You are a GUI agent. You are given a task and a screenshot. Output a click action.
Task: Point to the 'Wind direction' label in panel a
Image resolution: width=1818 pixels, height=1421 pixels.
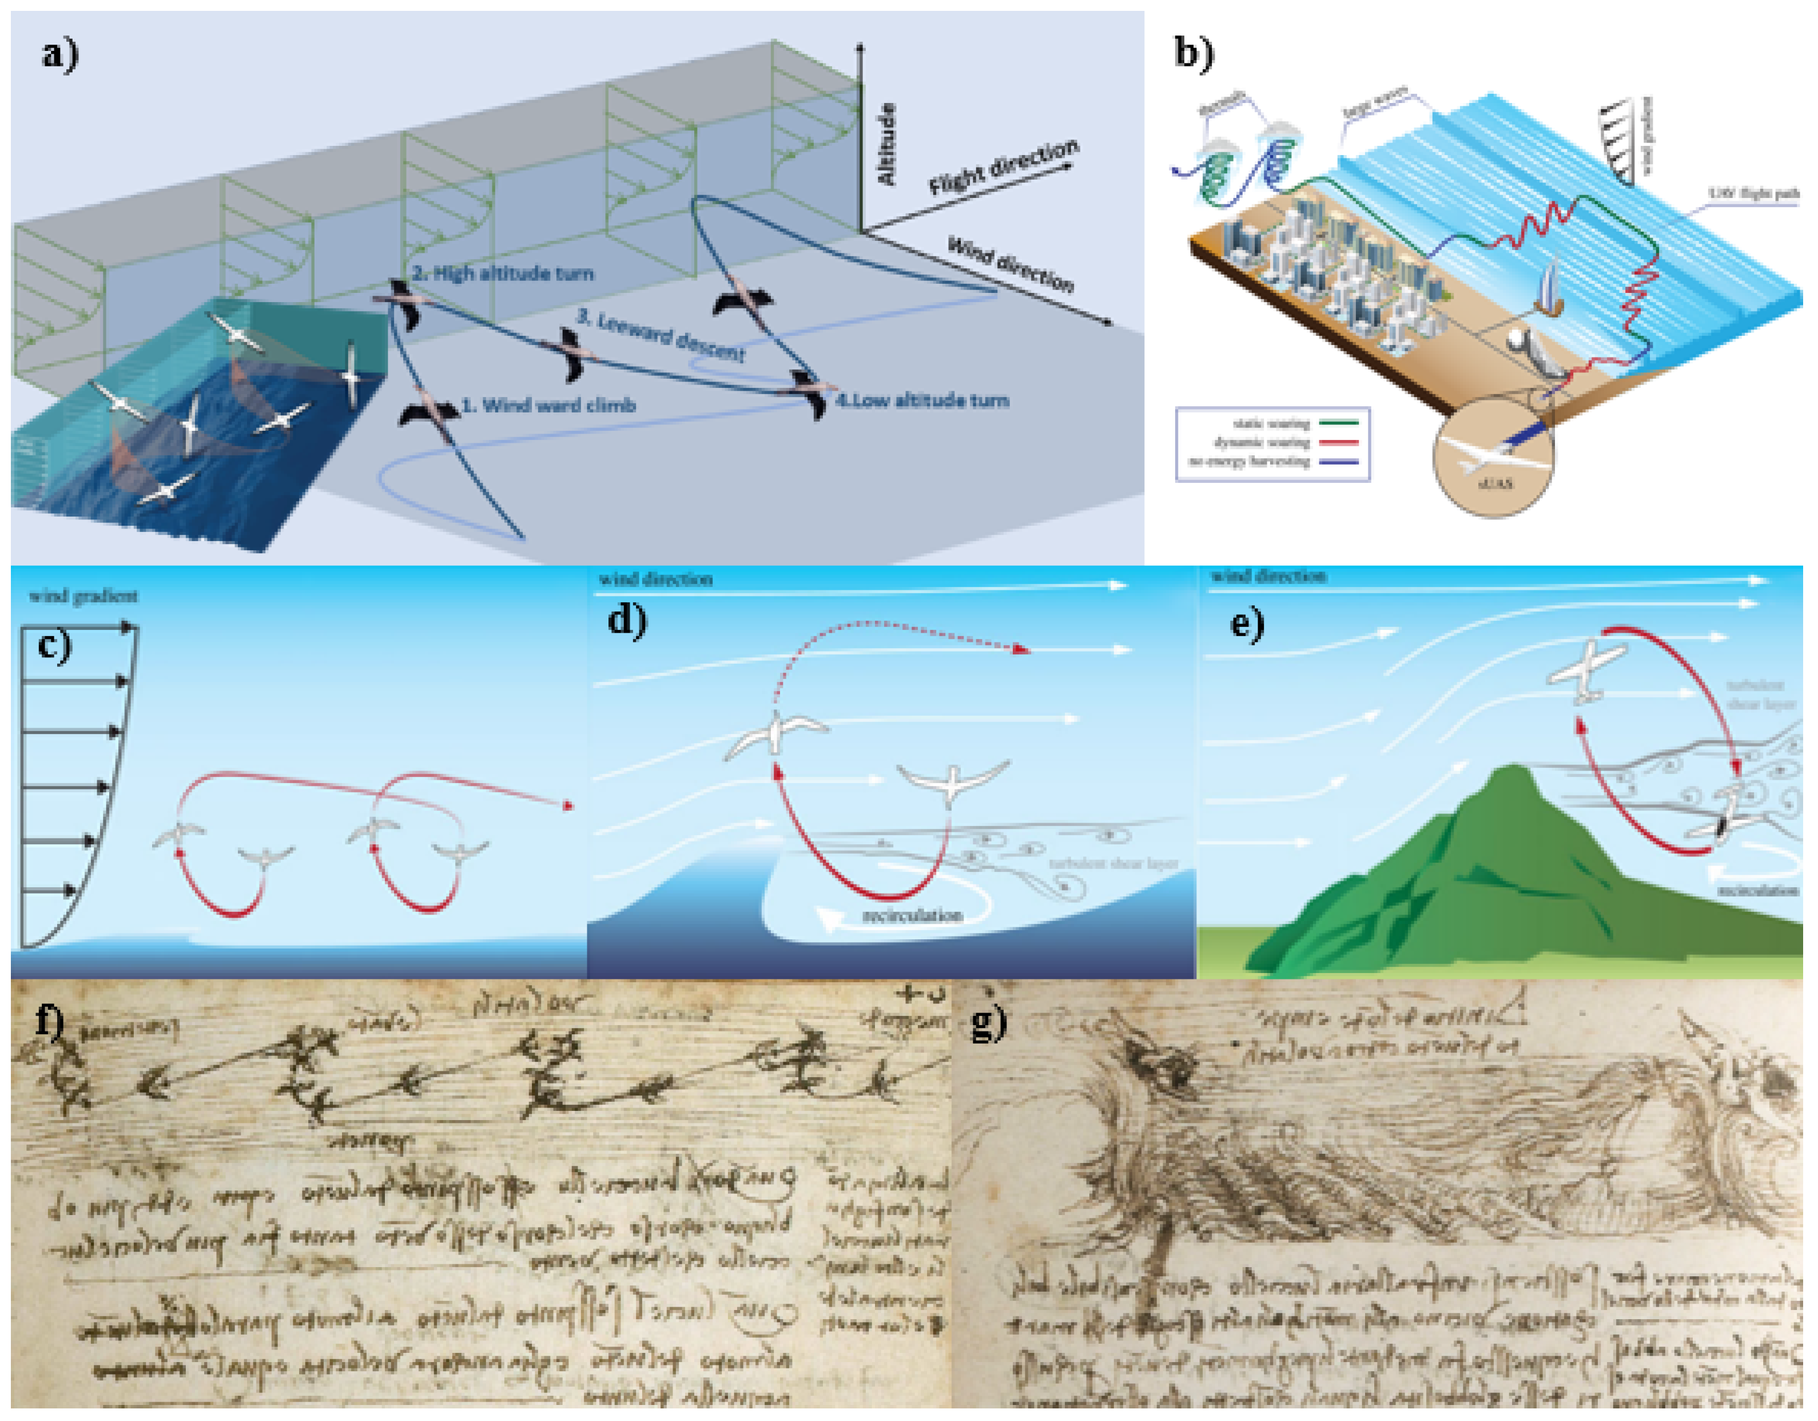pos(1012,265)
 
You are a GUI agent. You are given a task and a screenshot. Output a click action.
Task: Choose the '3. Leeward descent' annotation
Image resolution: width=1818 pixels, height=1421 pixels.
pos(662,335)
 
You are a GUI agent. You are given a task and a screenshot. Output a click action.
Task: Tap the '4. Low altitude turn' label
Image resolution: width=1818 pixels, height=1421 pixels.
pos(922,400)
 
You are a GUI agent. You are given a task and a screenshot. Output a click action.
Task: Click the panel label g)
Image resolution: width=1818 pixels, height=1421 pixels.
pos(989,1022)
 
